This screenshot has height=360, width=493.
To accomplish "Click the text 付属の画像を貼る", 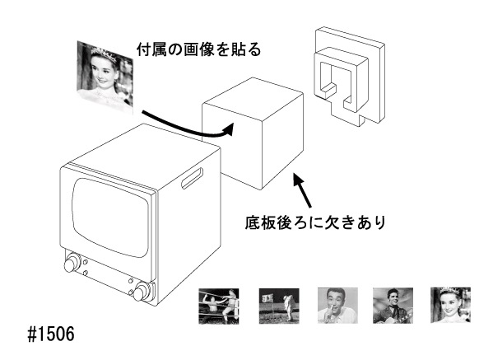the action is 198,49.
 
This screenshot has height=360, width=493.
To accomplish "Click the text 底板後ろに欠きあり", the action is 315,222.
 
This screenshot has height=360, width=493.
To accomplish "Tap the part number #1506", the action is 51,334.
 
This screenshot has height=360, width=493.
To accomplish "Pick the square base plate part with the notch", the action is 349,76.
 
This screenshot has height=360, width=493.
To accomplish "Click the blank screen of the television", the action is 110,217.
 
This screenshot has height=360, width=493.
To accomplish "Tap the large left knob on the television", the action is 72,264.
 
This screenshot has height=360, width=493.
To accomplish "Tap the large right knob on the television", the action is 142,292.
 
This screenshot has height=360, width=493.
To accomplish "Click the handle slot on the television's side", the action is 192,179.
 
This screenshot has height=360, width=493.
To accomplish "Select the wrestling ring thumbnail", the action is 219,306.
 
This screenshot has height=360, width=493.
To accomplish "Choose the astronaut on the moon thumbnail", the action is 279,306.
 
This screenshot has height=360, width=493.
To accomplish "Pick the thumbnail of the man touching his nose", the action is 337,306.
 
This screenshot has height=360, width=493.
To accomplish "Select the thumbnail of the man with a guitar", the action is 393,306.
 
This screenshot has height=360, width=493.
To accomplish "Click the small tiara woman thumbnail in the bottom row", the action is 450,305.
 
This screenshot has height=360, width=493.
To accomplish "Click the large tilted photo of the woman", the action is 105,77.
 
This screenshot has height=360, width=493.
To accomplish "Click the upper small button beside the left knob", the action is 86,261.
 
